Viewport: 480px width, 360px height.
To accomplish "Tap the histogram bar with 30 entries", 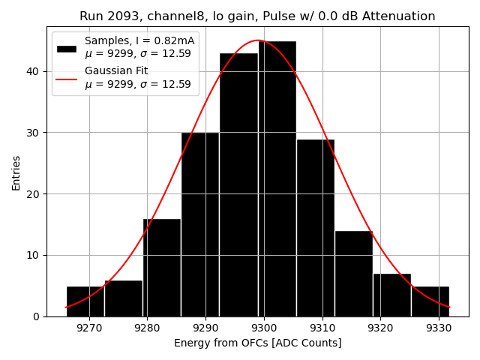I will (x=200, y=224).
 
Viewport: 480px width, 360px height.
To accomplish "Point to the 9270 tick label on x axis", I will (x=89, y=328).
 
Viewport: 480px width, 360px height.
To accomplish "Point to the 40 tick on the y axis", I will (x=36, y=71).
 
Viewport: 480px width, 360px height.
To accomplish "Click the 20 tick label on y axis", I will (x=36, y=193).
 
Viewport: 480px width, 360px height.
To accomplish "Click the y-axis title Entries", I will (x=16, y=172).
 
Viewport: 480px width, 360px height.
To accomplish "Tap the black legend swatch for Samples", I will (x=67, y=48).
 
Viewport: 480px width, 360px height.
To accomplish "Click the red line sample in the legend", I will (x=67, y=78).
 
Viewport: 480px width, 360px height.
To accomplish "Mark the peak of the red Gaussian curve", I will (x=257, y=40).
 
